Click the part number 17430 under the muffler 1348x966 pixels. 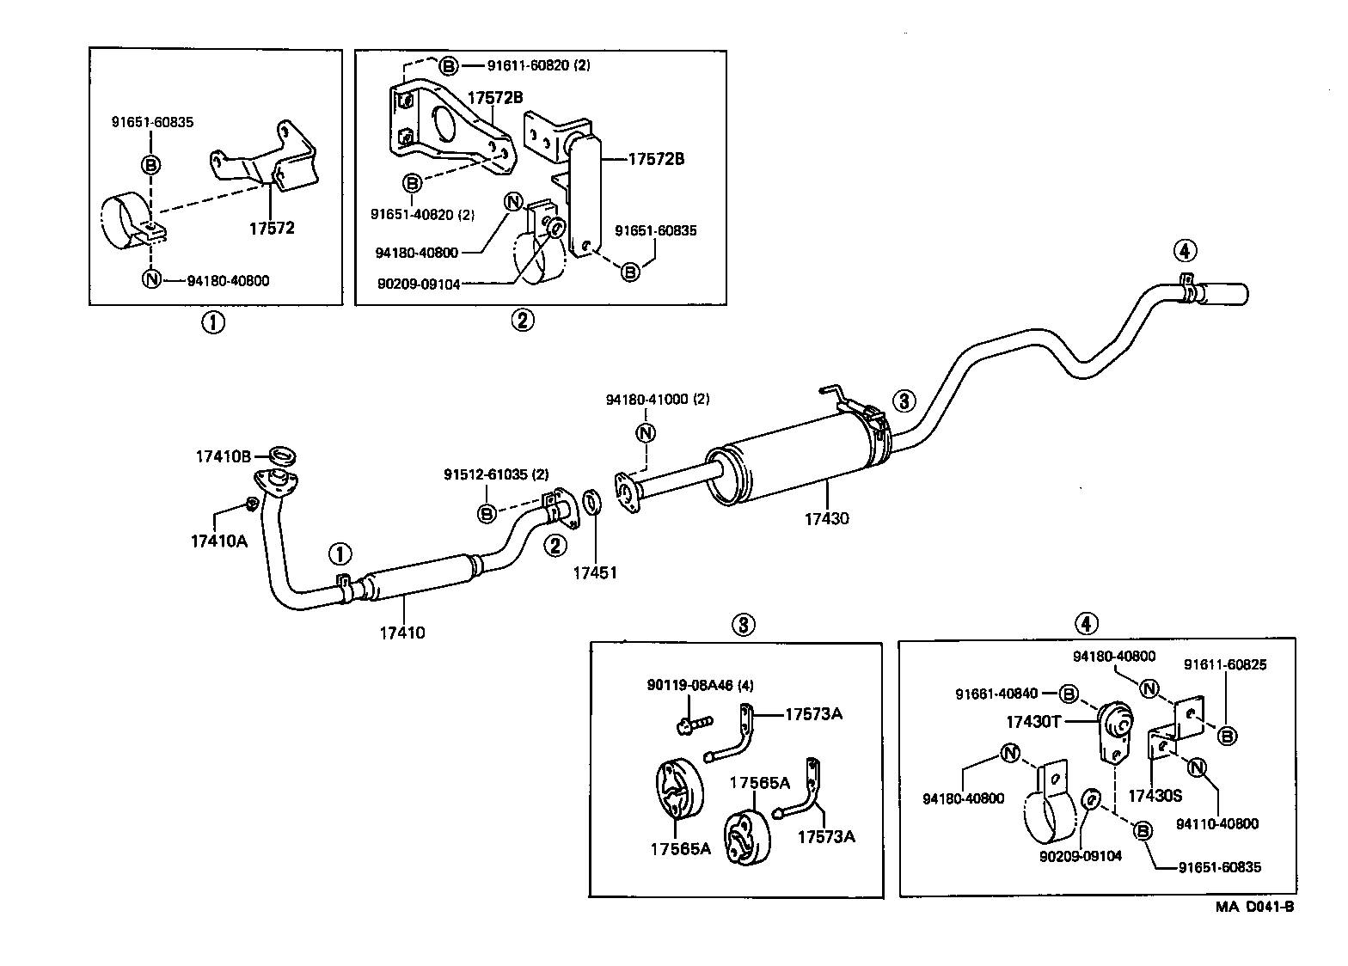[x=826, y=518]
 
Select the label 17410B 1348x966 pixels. [x=221, y=457]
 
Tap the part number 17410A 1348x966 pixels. [x=218, y=541]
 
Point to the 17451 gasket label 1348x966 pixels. [x=595, y=572]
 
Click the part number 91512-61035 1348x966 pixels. [x=495, y=474]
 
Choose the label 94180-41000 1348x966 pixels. [x=657, y=400]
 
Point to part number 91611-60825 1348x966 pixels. [x=1225, y=664]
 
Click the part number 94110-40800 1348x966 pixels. [x=1216, y=823]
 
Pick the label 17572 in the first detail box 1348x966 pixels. [x=271, y=229]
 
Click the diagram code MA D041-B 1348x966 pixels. [x=1254, y=907]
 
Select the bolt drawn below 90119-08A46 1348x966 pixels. [x=693, y=724]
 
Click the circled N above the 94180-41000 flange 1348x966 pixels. [x=646, y=432]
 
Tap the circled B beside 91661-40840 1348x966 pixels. [x=1068, y=693]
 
